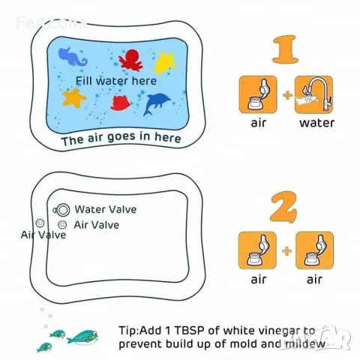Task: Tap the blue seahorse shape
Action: coord(71,57)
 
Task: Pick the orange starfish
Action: coord(74,97)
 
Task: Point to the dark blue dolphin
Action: coord(155,103)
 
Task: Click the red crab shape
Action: coord(121,103)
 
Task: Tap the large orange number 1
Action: coord(286,49)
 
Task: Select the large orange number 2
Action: coord(284,207)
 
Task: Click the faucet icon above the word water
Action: coord(313,94)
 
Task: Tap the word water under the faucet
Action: coord(316,123)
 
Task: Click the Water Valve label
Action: coord(106,209)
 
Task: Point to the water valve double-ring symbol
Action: coord(62,210)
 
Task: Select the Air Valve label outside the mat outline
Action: coord(43,235)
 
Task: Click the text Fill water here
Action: coord(116,81)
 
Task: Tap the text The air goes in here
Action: coord(121,138)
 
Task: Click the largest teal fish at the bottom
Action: coord(82,337)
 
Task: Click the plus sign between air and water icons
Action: coord(287,95)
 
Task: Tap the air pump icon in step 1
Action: coord(258,94)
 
